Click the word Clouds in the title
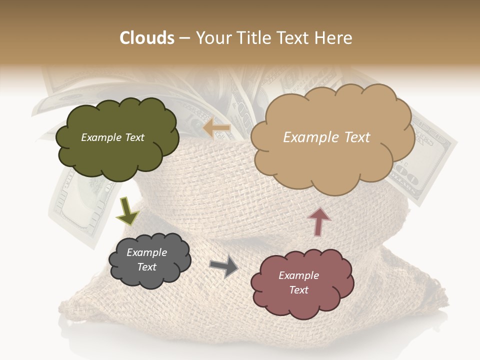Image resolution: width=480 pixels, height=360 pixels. [147, 38]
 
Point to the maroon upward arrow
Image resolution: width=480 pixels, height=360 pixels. [319, 221]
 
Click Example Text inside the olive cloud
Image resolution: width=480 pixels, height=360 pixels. [112, 137]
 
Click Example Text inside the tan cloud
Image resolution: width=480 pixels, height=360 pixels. [326, 137]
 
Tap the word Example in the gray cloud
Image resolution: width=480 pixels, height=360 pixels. [146, 252]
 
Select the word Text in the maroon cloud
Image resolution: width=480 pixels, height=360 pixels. [298, 290]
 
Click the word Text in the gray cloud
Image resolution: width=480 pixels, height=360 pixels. [146, 267]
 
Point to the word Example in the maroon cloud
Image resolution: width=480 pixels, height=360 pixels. [298, 275]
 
